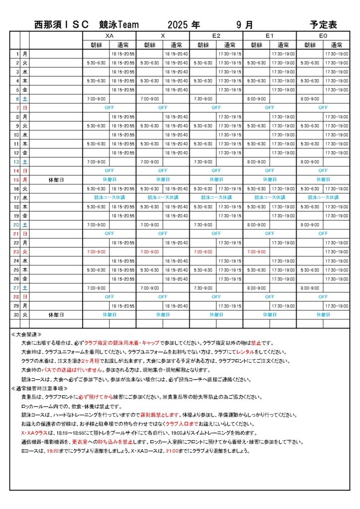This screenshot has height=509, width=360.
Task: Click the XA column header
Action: click(109, 36)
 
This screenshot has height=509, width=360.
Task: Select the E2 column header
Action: click(216, 36)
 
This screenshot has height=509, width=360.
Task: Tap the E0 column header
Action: click(323, 36)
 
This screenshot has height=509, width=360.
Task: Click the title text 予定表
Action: click(323, 24)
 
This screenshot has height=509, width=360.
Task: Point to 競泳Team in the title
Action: click(119, 24)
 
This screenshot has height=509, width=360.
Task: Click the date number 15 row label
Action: click(16, 179)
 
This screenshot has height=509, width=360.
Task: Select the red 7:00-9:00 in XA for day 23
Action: click(96, 252)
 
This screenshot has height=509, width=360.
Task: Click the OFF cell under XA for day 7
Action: click(109, 107)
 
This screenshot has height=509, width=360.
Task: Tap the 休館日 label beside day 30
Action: click(57, 315)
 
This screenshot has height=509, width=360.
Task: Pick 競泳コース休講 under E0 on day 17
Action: click(323, 197)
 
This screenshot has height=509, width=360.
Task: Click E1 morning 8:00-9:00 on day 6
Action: click(257, 98)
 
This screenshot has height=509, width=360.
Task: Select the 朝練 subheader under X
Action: click(150, 45)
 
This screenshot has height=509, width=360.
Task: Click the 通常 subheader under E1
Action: click(283, 45)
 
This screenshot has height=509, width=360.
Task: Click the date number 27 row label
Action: click(16, 287)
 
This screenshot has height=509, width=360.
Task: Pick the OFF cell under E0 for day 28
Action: click(323, 296)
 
